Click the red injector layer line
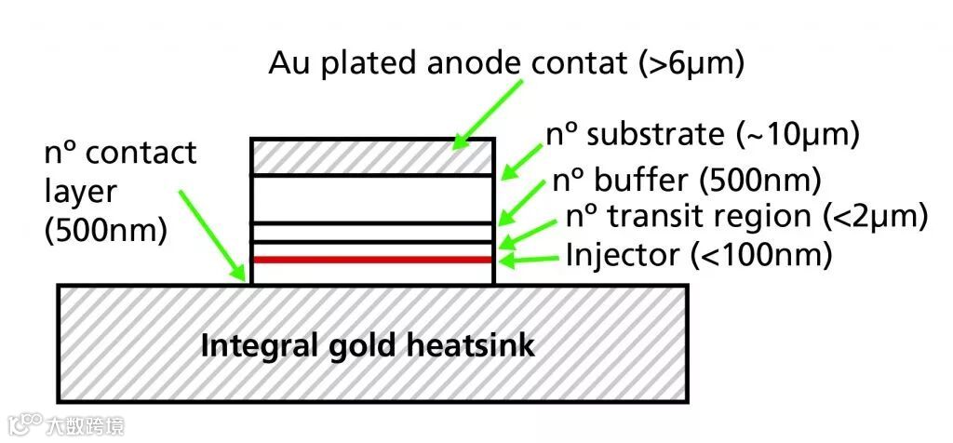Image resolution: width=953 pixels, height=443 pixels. pyautogui.click(x=372, y=260)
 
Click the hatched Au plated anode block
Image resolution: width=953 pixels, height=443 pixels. pyautogui.click(x=372, y=156)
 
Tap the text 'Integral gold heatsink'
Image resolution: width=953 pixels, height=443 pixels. pyautogui.click(x=369, y=346)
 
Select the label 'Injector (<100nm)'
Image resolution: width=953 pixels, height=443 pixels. pyautogui.click(x=698, y=253)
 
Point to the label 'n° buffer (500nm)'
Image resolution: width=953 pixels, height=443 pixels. pyautogui.click(x=686, y=179)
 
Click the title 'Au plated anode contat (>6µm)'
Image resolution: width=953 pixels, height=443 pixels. pyautogui.click(x=506, y=63)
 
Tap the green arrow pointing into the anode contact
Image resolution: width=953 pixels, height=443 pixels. pyautogui.click(x=488, y=113)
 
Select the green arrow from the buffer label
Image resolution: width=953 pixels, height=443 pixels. pyautogui.click(x=525, y=199)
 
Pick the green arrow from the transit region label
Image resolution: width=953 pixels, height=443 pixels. pyautogui.click(x=530, y=231)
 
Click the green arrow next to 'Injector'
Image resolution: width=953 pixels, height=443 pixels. pyautogui.click(x=530, y=259)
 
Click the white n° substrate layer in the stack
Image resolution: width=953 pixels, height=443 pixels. pyautogui.click(x=372, y=197)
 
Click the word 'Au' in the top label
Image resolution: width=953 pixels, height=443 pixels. pyautogui.click(x=289, y=63)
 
